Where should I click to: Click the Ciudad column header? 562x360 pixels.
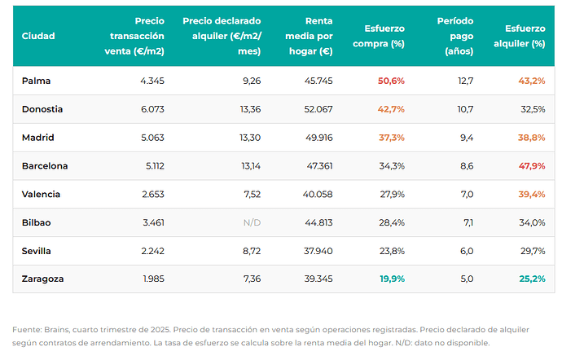[x=38, y=36]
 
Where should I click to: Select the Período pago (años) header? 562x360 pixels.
[x=455, y=36]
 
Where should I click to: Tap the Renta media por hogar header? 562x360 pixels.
[x=309, y=36]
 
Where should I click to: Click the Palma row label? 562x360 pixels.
[x=36, y=81]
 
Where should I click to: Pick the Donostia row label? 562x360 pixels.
[x=42, y=109]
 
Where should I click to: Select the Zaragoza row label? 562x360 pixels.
[x=42, y=279]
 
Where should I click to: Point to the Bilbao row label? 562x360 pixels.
[x=36, y=222]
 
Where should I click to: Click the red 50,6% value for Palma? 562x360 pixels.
[x=391, y=81]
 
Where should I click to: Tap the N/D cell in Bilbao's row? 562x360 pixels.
[x=252, y=222]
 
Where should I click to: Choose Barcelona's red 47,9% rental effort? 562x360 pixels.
[x=532, y=166]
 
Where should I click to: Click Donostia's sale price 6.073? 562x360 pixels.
[x=152, y=109]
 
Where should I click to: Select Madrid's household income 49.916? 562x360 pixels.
[x=319, y=138]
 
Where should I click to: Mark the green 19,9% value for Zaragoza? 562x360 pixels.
[x=392, y=279]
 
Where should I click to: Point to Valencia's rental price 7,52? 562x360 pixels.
[x=252, y=195]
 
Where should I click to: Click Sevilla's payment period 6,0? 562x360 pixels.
[x=467, y=251]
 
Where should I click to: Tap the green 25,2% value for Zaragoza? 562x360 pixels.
[x=532, y=279]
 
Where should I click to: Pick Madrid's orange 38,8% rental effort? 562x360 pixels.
[x=532, y=138]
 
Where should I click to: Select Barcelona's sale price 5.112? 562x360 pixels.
[x=155, y=166]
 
